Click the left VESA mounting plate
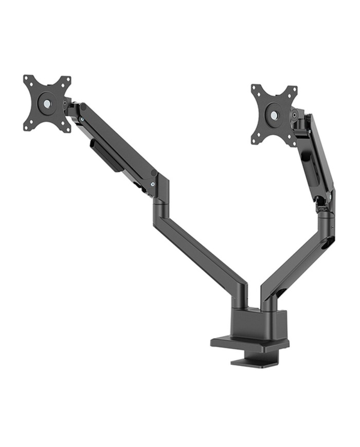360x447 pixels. point(47,103)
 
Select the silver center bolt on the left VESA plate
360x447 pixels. point(47,104)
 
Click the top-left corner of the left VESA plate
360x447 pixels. point(27,79)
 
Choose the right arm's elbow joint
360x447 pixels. point(325,216)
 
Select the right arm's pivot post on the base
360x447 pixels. point(268,298)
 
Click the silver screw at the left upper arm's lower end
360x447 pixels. point(153,184)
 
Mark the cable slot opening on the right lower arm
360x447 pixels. point(326,246)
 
